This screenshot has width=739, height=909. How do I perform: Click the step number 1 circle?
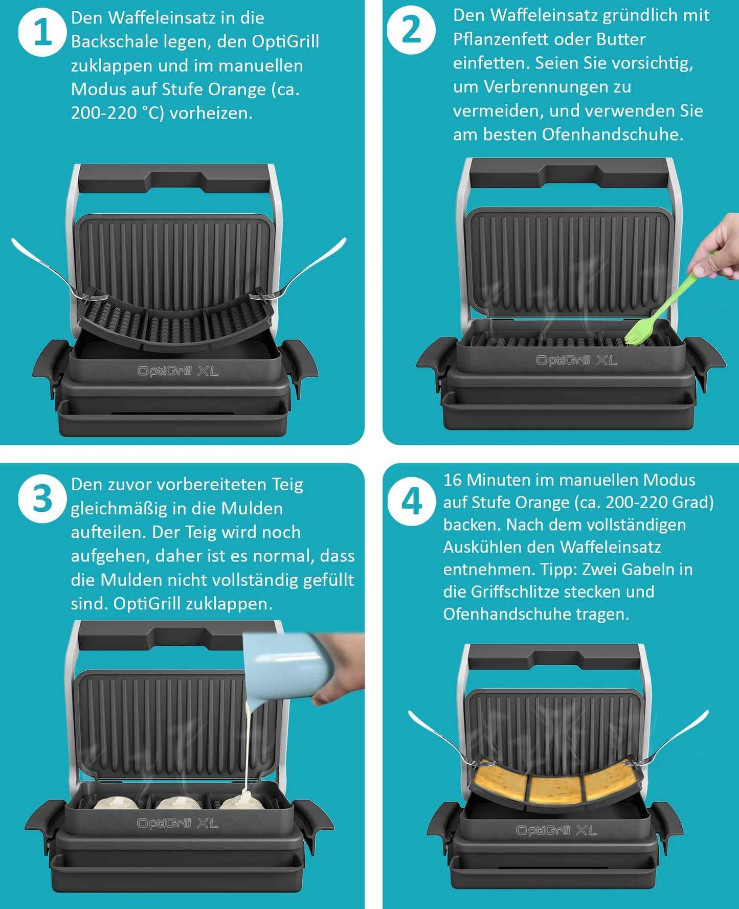tap(42, 32)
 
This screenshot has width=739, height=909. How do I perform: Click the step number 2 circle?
tap(411, 30)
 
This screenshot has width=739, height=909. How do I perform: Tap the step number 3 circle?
tap(42, 498)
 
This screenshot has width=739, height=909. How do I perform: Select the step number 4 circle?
tap(412, 502)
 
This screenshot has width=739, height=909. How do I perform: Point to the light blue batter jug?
tap(286, 665)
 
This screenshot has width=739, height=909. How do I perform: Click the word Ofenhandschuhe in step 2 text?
tap(613, 134)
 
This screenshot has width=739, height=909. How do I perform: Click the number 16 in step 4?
tap(453, 480)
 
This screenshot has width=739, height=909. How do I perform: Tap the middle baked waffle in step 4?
tap(555, 789)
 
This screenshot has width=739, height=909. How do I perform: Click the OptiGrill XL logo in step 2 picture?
tap(576, 360)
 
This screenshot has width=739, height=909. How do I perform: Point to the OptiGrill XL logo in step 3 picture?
tap(177, 823)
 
